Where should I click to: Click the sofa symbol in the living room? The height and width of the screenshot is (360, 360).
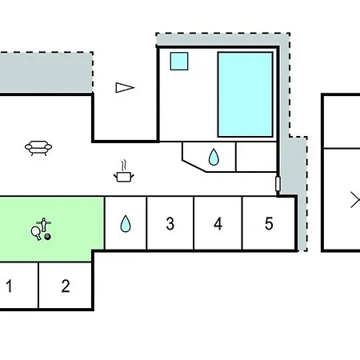click(38, 148)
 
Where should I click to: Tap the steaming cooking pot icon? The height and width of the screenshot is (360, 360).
click(123, 172)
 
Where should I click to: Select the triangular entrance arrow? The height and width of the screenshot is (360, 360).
click(125, 87)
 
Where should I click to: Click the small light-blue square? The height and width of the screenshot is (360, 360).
click(179, 62)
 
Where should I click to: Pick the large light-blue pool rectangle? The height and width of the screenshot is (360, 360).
click(246, 94)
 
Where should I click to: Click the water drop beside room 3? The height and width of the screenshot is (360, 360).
click(126, 223)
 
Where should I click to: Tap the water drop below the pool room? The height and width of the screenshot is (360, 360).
click(214, 157)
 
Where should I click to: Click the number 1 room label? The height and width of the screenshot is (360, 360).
click(9, 286)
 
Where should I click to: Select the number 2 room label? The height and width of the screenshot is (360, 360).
click(66, 286)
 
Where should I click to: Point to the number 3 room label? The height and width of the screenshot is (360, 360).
click(170, 223)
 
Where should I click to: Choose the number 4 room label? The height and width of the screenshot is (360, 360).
click(218, 223)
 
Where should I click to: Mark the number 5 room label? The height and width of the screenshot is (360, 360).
click(269, 223)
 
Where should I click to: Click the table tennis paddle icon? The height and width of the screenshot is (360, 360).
click(36, 233)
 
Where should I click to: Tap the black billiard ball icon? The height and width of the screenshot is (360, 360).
click(47, 237)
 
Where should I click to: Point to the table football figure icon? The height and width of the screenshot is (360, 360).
click(44, 225)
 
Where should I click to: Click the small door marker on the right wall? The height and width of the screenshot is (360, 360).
click(278, 184)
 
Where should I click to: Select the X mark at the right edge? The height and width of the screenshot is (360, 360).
click(355, 199)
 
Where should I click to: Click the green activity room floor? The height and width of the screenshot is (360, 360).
click(50, 229)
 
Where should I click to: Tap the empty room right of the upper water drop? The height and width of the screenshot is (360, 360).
click(256, 157)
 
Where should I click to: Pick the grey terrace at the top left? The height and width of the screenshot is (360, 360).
click(46, 73)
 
